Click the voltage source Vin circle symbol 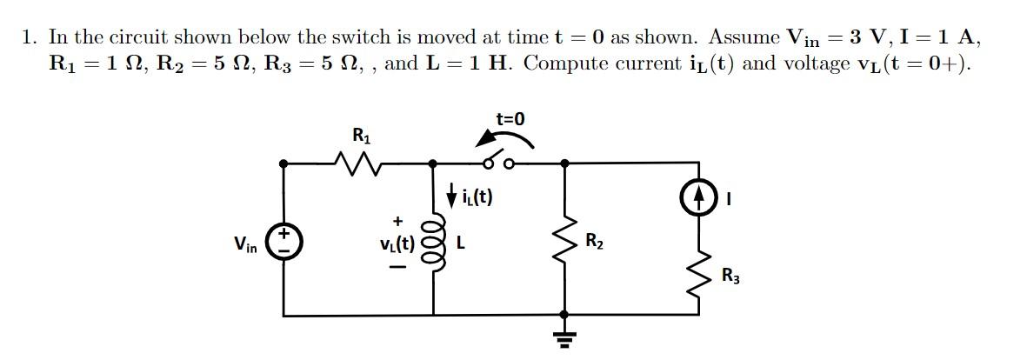click(x=283, y=241)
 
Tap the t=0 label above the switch click(x=510, y=119)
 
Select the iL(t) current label click(x=477, y=197)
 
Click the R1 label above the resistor click(x=360, y=135)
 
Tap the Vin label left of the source click(x=245, y=244)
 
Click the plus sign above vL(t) click(x=397, y=221)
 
